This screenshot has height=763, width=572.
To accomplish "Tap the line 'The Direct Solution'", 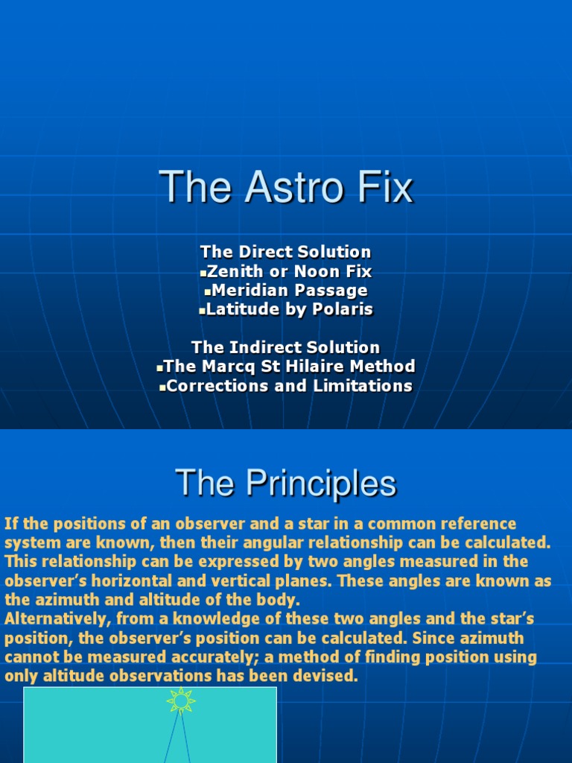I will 285,252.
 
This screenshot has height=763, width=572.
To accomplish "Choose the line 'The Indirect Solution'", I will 285,347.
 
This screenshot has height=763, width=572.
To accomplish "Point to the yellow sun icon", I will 181,700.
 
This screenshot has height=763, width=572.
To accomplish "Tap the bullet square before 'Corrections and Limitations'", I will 162,387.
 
